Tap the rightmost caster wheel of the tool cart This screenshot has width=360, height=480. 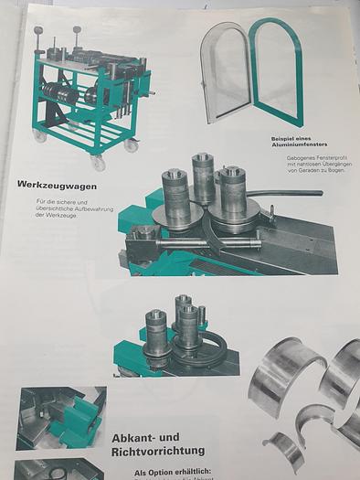coord(132,145)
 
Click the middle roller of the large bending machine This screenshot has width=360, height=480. coord(203,177)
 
